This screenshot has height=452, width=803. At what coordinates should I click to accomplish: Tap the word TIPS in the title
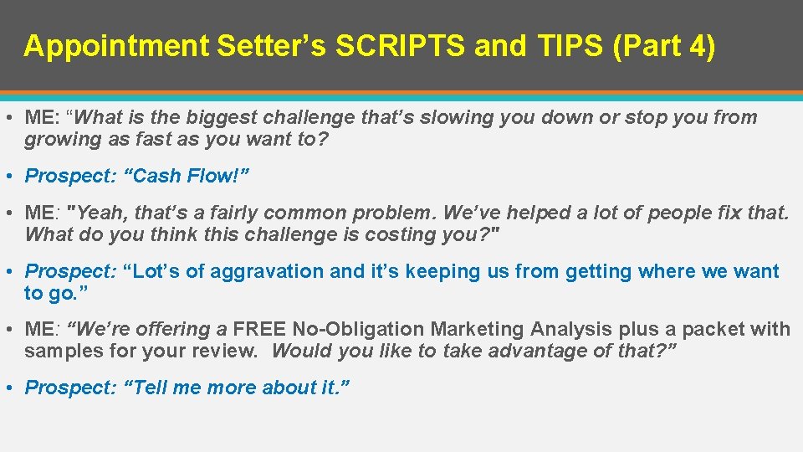click(x=569, y=46)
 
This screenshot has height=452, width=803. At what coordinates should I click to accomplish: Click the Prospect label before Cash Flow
click(x=70, y=176)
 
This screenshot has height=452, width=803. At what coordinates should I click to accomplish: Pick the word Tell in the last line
click(x=148, y=388)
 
